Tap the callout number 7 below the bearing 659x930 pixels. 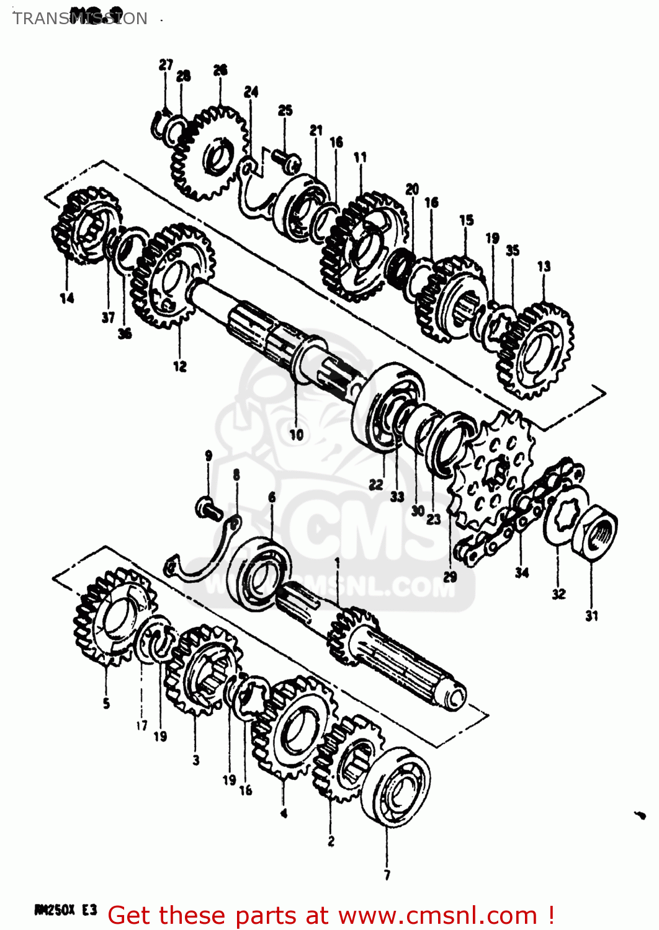click(x=387, y=875)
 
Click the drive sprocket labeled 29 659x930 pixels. click(x=493, y=473)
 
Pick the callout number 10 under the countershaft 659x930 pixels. click(x=297, y=434)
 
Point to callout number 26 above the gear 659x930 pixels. click(x=220, y=70)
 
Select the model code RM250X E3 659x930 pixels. click(x=66, y=910)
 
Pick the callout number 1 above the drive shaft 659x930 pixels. click(x=337, y=562)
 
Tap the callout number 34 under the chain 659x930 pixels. click(x=522, y=572)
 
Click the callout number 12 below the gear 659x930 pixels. click(x=180, y=366)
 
